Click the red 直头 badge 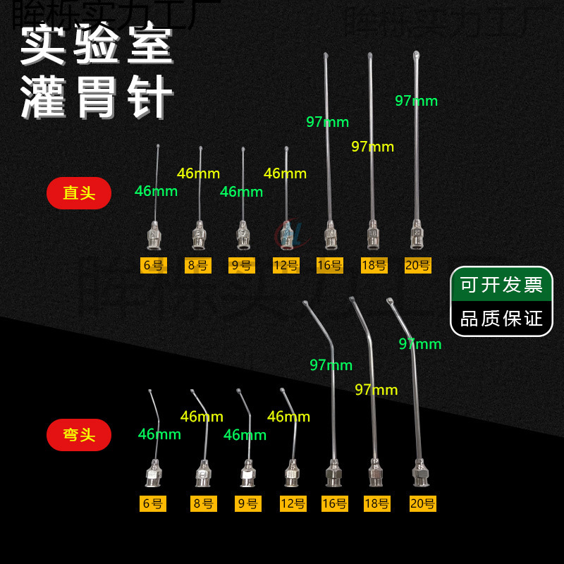click(x=79, y=193)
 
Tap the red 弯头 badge click(x=79, y=434)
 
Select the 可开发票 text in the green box click(x=501, y=285)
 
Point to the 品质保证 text click(x=501, y=318)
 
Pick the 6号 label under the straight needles click(x=152, y=266)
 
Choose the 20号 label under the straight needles click(x=419, y=266)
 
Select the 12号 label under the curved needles click(x=293, y=503)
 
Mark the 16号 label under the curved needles click(x=334, y=503)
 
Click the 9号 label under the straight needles click(x=241, y=266)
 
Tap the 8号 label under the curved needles click(x=200, y=503)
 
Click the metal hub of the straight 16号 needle click(x=329, y=237)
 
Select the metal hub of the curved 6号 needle click(x=153, y=474)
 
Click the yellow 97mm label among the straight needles click(x=372, y=147)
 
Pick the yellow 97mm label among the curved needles click(x=376, y=389)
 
